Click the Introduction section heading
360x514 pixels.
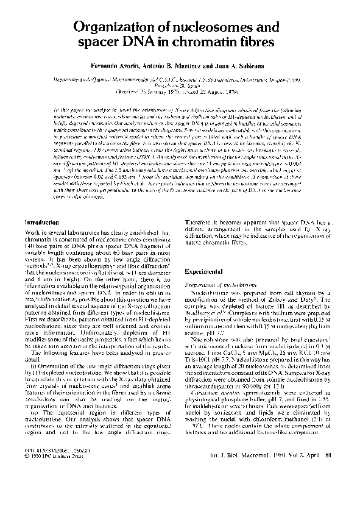click(42, 223)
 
